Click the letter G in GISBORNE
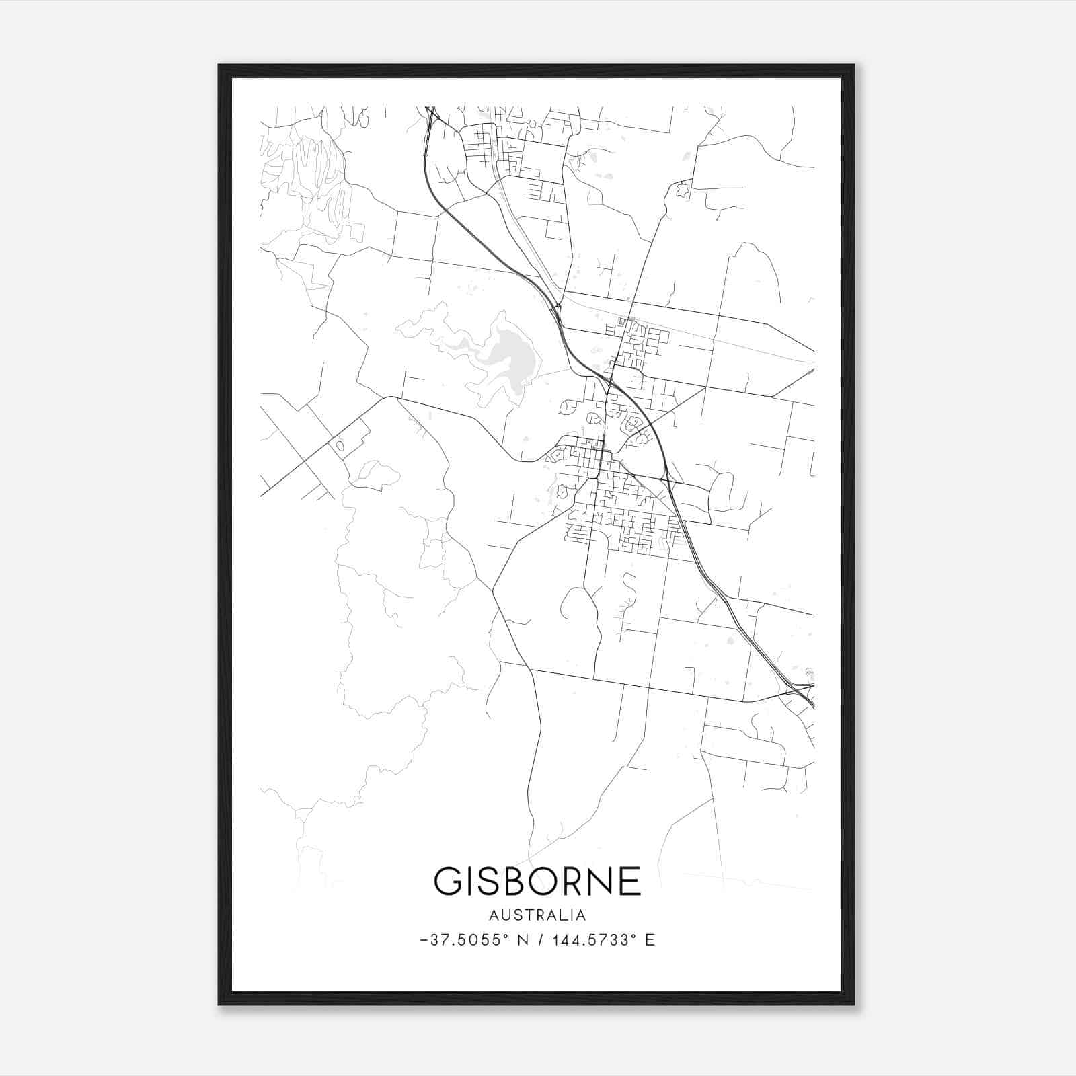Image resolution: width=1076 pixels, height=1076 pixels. (x=449, y=880)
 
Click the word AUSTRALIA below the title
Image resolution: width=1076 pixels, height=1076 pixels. (x=537, y=915)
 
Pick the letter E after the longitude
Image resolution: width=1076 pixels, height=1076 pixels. (x=650, y=940)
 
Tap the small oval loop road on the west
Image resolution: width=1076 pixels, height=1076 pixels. (x=340, y=445)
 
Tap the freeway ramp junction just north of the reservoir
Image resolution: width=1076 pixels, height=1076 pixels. (x=557, y=309)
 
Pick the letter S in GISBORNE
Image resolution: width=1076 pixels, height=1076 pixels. (x=482, y=880)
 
